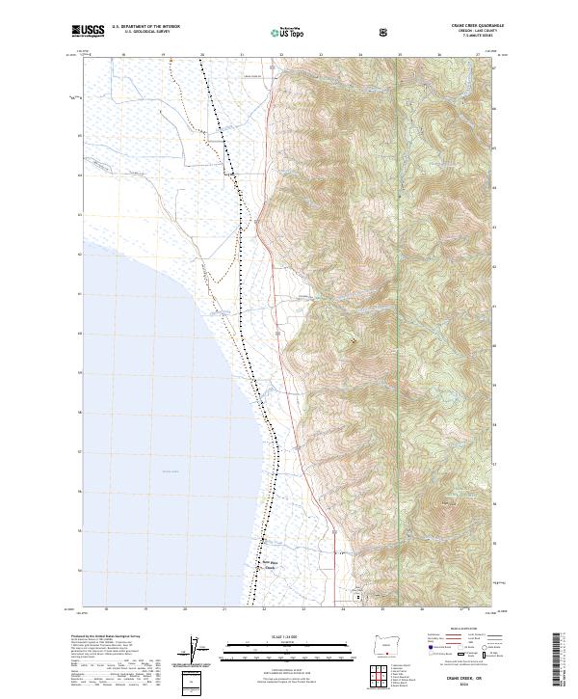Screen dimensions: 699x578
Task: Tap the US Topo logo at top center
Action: (x=289, y=32)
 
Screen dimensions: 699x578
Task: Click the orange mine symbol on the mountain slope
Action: (x=353, y=339)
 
